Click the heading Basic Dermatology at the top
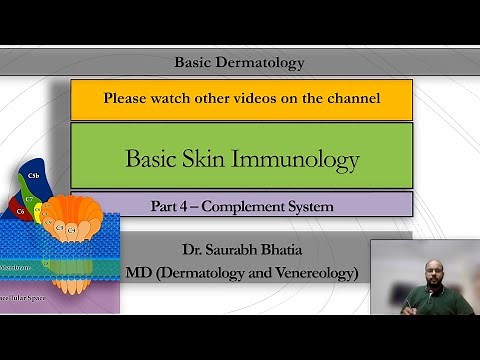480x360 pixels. point(239,62)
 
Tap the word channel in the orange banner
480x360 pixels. point(349,99)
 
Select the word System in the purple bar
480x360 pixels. point(311,207)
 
